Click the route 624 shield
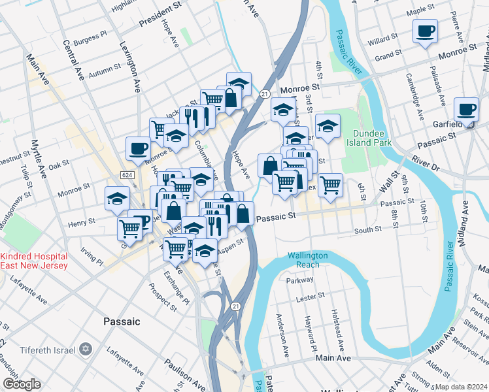pos(127,175)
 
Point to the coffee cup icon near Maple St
pos(425,31)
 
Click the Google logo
pos(21,384)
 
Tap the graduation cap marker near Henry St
pos(118,198)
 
